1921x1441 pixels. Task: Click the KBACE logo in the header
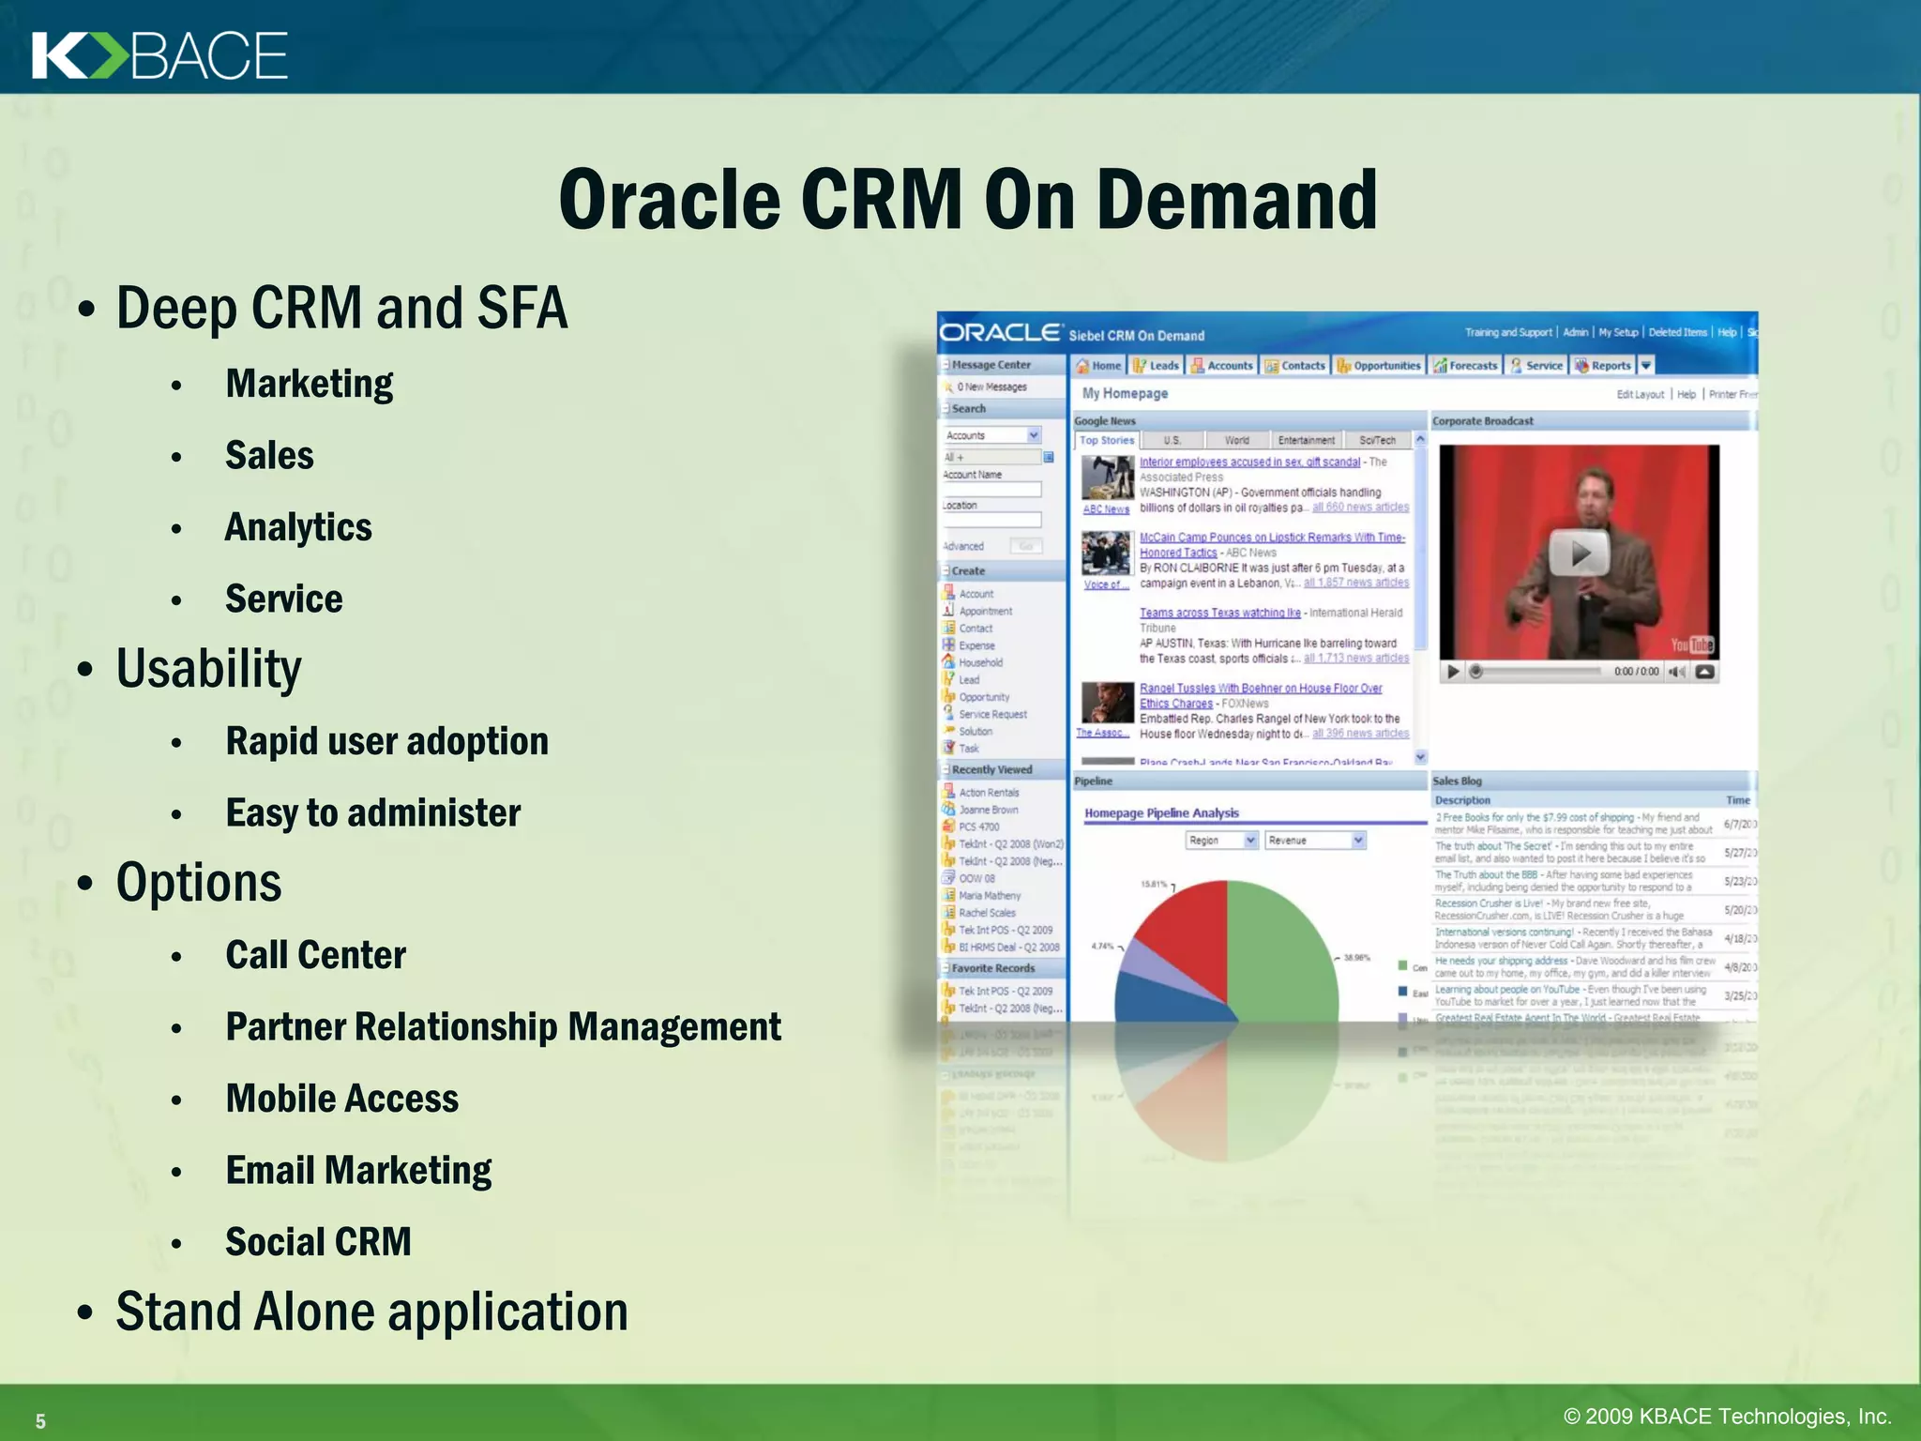(x=159, y=55)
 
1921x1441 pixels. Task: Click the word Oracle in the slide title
(x=669, y=200)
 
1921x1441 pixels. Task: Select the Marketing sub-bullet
(x=309, y=384)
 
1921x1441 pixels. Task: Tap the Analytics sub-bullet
(x=298, y=527)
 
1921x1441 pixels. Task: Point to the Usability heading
(x=208, y=669)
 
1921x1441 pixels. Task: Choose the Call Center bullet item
(x=315, y=955)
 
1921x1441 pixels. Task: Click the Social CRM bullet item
(x=318, y=1242)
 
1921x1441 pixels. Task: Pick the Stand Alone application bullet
(x=371, y=1312)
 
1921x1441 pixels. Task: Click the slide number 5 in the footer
(x=40, y=1421)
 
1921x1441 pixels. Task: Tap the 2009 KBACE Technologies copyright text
(x=1727, y=1417)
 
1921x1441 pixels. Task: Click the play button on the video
(x=1579, y=554)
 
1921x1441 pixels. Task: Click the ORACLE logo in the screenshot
(x=1000, y=333)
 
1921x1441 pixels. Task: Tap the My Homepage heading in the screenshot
(x=1125, y=394)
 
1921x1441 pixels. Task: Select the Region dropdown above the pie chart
(x=1220, y=841)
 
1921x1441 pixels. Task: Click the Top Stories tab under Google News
(x=1107, y=440)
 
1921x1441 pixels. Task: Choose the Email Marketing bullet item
(x=358, y=1171)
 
